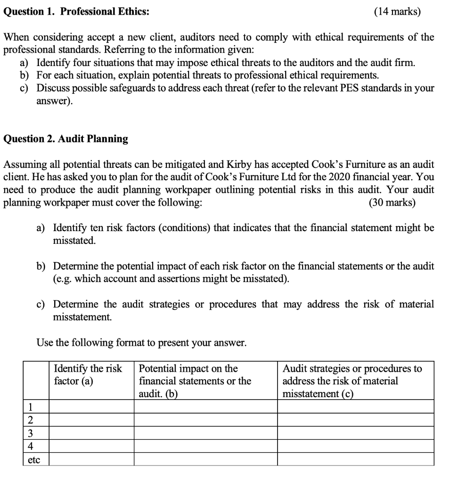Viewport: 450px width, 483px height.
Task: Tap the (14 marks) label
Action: point(397,12)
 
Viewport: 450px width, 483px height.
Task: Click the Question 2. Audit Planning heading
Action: point(65,139)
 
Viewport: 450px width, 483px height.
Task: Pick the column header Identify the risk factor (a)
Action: point(88,375)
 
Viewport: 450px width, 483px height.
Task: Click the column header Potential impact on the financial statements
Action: point(195,381)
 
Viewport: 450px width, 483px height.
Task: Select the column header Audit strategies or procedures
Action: point(352,381)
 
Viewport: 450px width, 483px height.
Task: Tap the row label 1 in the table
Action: point(30,407)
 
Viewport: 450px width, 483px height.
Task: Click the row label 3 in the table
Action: point(30,433)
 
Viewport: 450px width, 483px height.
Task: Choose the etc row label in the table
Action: point(34,459)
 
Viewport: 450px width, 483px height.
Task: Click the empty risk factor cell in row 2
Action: point(91,420)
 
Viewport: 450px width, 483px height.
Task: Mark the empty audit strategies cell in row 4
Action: point(355,446)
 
